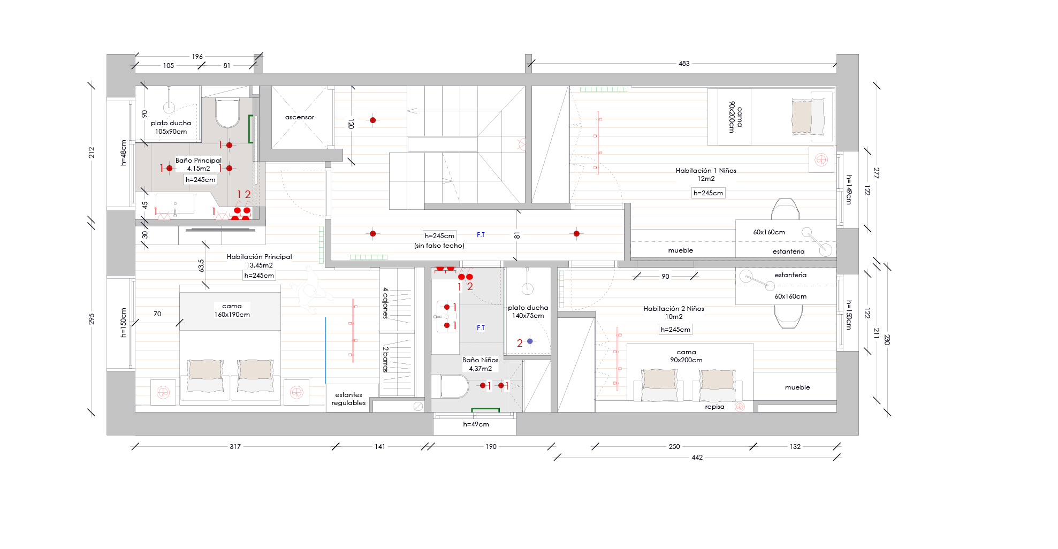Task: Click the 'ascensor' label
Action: [x=300, y=117]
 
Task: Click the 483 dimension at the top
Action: [x=684, y=64]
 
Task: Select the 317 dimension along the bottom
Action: [x=235, y=447]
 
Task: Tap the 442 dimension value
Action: [x=697, y=457]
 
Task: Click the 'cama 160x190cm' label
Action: [x=232, y=310]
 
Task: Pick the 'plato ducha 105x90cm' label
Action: [x=171, y=127]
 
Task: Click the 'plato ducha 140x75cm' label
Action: [x=528, y=311]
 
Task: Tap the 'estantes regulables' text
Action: [x=348, y=399]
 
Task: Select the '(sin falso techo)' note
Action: [x=439, y=246]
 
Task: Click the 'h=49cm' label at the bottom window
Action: [x=476, y=424]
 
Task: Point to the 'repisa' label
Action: [x=714, y=407]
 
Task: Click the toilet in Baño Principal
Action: [x=227, y=113]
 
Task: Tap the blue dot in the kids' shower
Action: [x=530, y=341]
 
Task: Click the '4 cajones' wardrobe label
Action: [x=385, y=303]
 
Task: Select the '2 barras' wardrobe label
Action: [x=385, y=359]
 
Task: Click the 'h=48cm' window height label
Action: [x=124, y=153]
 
